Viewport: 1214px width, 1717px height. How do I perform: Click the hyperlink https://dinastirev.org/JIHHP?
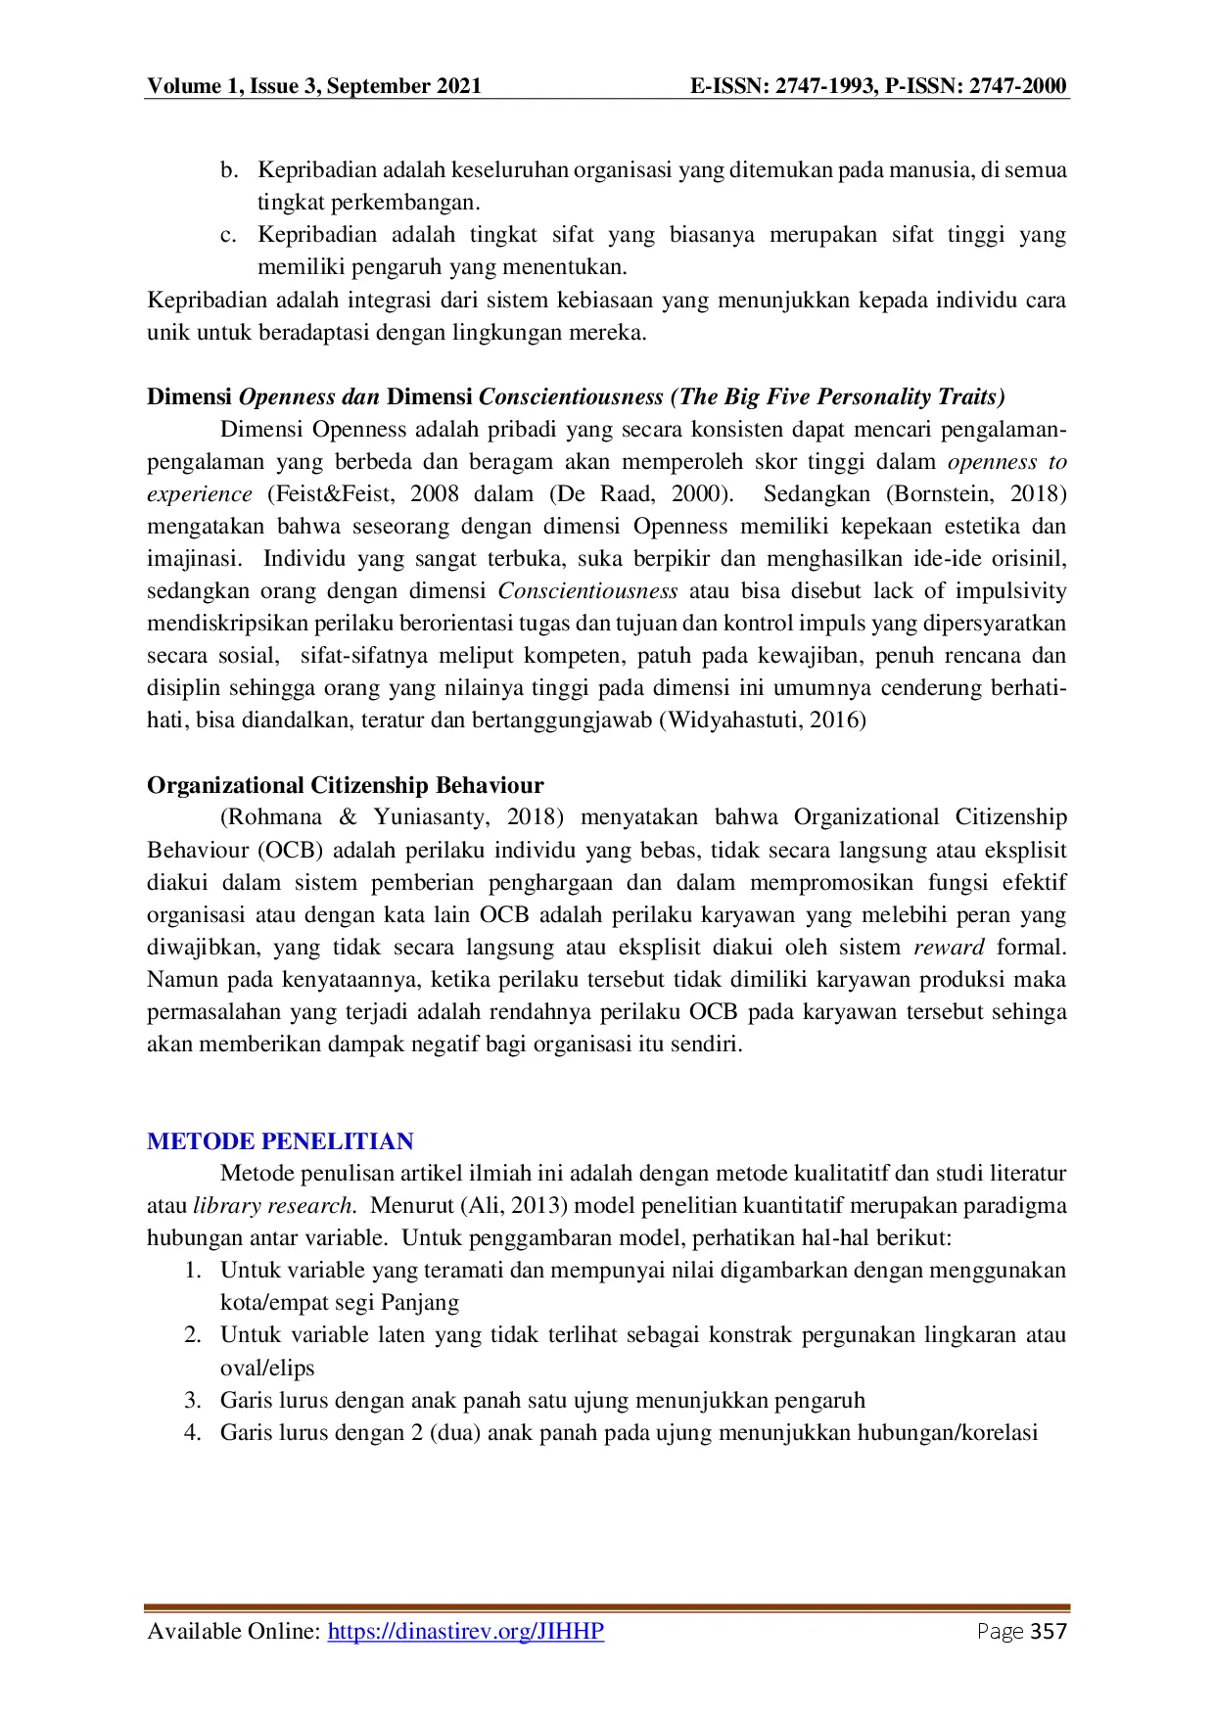pos(465,1631)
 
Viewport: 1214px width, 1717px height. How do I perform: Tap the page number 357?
pos(1049,1631)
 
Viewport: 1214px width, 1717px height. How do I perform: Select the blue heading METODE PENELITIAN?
pos(280,1141)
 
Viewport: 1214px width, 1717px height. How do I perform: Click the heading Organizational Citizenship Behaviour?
pos(345,785)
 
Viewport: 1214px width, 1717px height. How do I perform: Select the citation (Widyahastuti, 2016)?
pos(763,720)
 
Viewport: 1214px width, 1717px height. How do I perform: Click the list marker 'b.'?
pos(229,170)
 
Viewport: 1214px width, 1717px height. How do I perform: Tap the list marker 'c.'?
pos(229,235)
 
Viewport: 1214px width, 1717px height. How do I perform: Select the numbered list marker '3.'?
pos(193,1400)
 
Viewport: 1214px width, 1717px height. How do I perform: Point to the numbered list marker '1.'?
pos(193,1271)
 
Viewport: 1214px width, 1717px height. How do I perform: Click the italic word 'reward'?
pos(949,948)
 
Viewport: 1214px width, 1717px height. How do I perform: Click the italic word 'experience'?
pos(200,494)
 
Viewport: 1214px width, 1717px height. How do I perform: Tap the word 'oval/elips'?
pos(267,1369)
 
